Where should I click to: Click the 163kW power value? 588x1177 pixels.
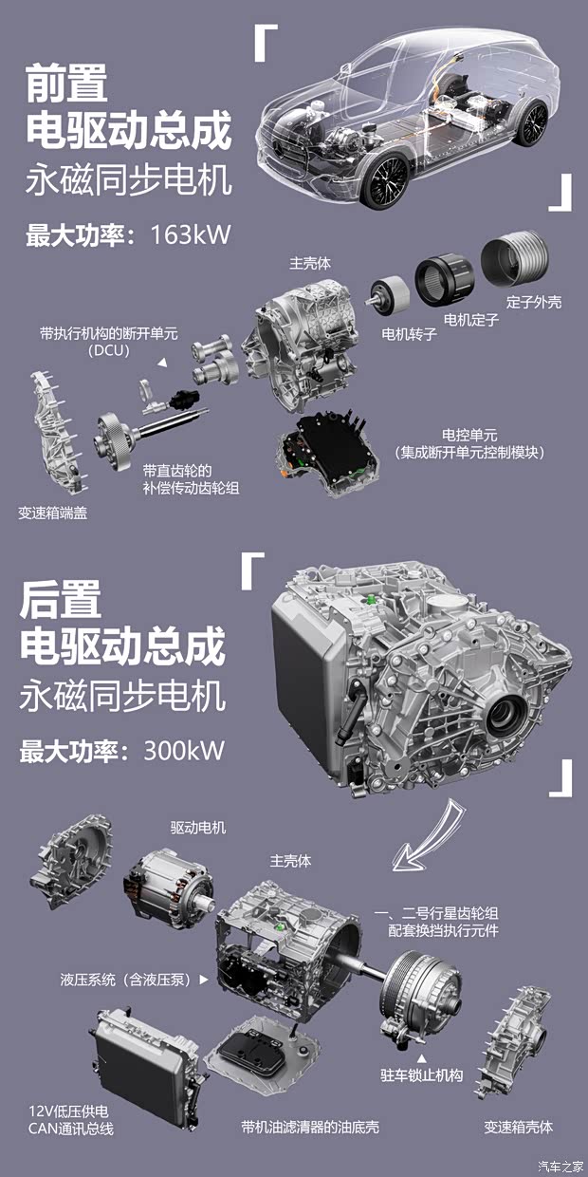click(x=191, y=234)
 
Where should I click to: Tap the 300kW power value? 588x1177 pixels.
click(x=184, y=750)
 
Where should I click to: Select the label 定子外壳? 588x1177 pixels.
click(x=533, y=302)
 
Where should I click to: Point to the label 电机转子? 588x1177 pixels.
click(x=409, y=334)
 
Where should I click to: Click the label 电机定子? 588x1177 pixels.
click(x=471, y=319)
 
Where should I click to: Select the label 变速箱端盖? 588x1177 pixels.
click(x=53, y=513)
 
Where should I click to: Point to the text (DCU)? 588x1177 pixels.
click(x=109, y=350)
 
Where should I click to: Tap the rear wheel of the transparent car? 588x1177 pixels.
click(x=532, y=123)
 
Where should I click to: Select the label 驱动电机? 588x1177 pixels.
click(x=198, y=828)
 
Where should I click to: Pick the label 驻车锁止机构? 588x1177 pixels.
click(x=422, y=1074)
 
